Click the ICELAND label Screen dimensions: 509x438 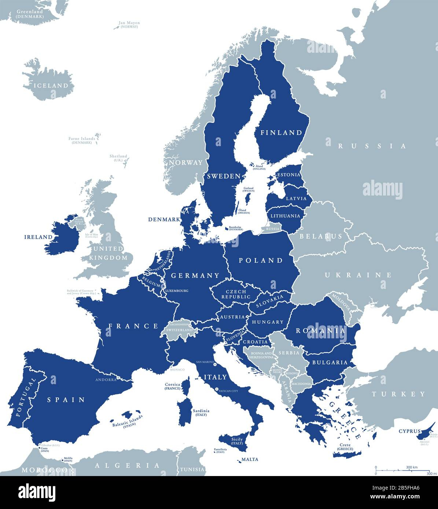pos(51,86)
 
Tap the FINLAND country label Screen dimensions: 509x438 pos(281,133)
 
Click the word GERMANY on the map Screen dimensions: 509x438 pos(195,275)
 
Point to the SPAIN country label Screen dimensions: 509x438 pos(66,400)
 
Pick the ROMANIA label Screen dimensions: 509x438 pos(321,331)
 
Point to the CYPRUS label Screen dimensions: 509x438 pos(409,431)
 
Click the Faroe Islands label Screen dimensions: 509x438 pos(82,140)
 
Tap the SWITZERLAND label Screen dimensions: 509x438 pos(179,330)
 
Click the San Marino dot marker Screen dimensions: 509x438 pos(215,364)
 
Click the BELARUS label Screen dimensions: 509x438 pos(321,236)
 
